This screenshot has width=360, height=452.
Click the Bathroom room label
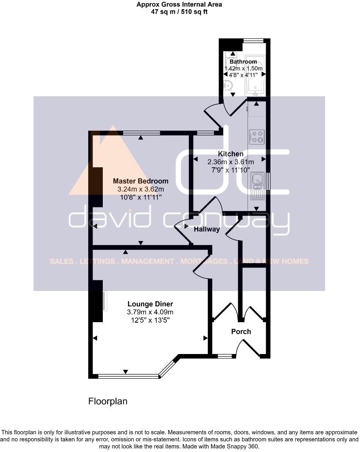click(243, 62)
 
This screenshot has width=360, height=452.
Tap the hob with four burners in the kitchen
click(257, 136)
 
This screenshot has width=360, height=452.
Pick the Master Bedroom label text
click(140, 181)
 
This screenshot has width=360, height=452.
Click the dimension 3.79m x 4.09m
click(150, 312)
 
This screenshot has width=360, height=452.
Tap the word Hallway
click(206, 229)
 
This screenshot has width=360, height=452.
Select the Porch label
click(241, 331)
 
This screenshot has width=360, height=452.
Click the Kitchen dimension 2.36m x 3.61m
click(231, 162)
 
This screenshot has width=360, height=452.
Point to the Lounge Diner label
click(150, 304)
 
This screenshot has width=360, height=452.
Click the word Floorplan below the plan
click(108, 401)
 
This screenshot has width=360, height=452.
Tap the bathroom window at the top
click(254, 41)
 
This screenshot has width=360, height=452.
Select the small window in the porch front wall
click(225, 355)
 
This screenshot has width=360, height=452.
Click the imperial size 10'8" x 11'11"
click(140, 197)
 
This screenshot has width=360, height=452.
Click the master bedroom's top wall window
click(142, 132)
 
